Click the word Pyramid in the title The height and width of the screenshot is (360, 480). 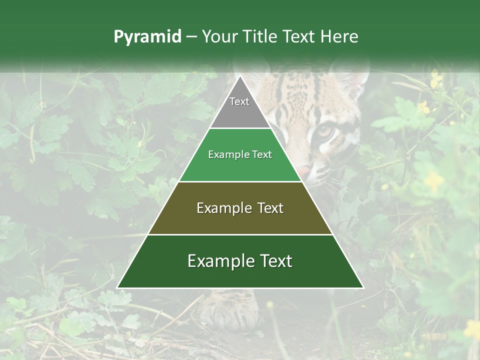coord(147,37)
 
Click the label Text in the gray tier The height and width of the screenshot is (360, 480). coord(239,101)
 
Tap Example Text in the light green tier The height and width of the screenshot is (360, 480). coord(240,154)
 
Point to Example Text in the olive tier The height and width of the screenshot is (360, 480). coord(240,208)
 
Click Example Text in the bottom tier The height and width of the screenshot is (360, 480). coord(240,261)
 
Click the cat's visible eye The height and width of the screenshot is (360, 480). coord(325,131)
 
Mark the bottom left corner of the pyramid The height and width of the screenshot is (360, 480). coord(117,288)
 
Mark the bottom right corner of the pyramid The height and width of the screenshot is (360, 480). coord(363,288)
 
